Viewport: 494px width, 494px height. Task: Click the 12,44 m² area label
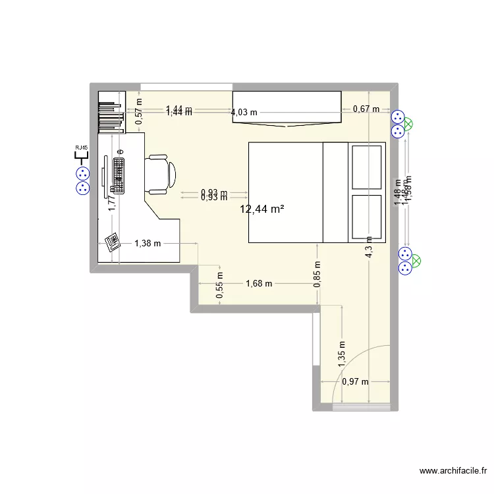[x=262, y=210]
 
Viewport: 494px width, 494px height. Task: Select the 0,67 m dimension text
[x=366, y=109]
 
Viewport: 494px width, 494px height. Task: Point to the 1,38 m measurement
[x=148, y=244]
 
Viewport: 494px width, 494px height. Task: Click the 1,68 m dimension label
[x=259, y=284]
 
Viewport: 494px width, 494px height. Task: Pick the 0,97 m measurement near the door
[x=355, y=381]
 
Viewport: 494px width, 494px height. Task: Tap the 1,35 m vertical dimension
[x=341, y=353]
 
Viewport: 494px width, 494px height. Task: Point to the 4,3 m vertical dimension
[x=369, y=248]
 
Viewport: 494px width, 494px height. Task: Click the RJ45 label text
[x=82, y=148]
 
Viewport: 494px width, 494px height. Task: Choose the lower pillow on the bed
[x=367, y=215]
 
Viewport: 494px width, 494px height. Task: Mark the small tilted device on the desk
[x=111, y=241]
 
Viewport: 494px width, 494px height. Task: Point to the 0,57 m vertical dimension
[x=139, y=111]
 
